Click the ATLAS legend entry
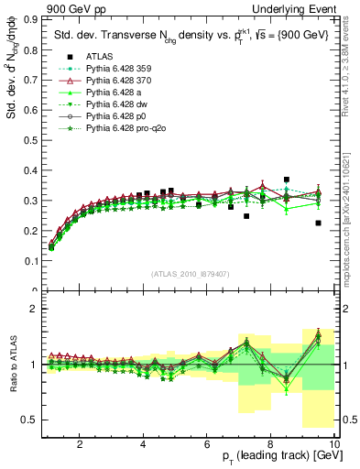[98, 82]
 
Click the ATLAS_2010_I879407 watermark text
[189, 272]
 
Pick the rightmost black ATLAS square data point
[318, 223]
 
